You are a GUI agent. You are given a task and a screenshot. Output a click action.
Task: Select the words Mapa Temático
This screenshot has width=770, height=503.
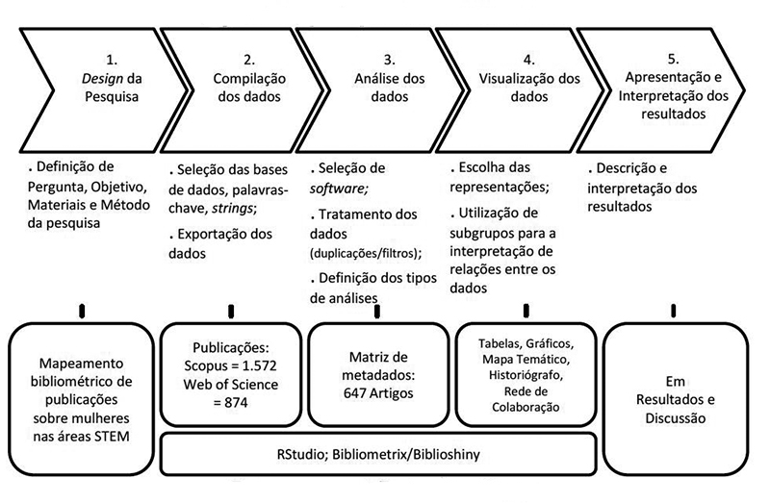point(526,360)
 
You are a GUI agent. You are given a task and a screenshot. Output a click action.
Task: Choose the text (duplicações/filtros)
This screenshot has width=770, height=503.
point(365,254)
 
